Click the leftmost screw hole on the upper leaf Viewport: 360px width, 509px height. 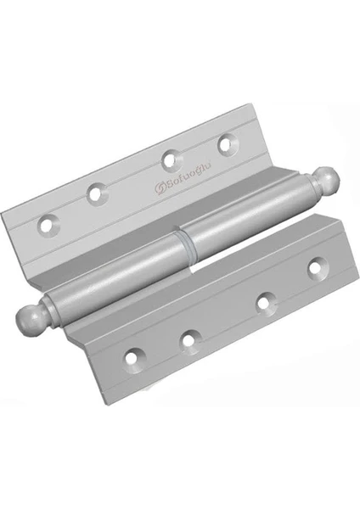click(x=49, y=224)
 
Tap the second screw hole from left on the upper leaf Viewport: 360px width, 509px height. click(x=97, y=193)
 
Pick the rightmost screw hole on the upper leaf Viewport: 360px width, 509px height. click(x=226, y=145)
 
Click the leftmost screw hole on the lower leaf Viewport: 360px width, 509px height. click(x=133, y=358)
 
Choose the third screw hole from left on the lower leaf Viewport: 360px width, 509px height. click(x=266, y=303)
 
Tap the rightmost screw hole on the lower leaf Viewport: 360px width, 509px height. click(x=317, y=268)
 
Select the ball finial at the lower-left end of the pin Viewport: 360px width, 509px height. click(x=29, y=317)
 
